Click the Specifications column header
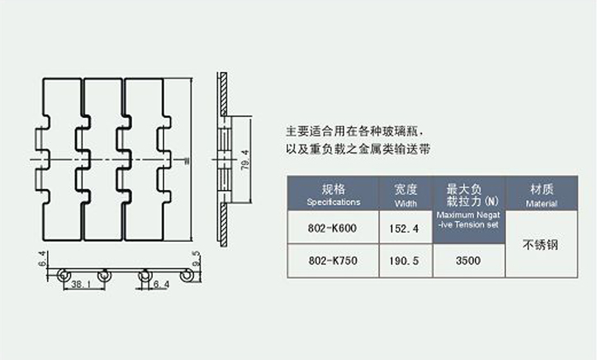(x=333, y=195)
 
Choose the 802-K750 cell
(x=333, y=262)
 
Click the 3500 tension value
(x=469, y=262)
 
